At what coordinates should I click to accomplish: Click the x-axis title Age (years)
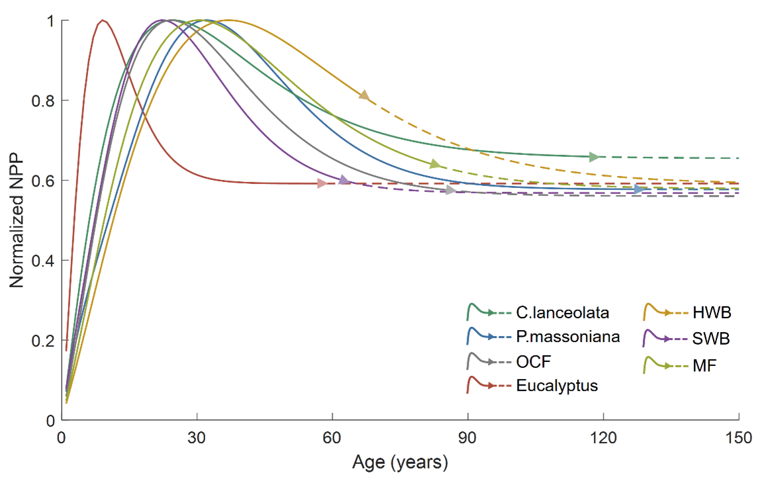tap(400, 461)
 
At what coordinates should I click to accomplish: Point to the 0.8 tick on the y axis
tap(61, 101)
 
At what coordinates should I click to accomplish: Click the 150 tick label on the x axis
tap(739, 437)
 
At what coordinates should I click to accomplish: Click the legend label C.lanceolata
tap(562, 312)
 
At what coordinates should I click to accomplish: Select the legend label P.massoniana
tap(568, 337)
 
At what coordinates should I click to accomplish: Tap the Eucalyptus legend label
tap(557, 386)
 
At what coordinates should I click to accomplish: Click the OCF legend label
tap(534, 362)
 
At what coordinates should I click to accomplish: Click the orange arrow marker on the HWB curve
tap(363, 95)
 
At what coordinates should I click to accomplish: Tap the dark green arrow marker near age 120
tap(594, 157)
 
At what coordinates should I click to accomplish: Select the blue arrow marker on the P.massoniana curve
tap(639, 190)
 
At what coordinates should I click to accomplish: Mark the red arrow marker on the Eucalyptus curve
tap(322, 183)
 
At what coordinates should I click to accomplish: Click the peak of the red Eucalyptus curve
tap(102, 21)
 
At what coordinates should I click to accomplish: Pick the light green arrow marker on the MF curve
tap(434, 164)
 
